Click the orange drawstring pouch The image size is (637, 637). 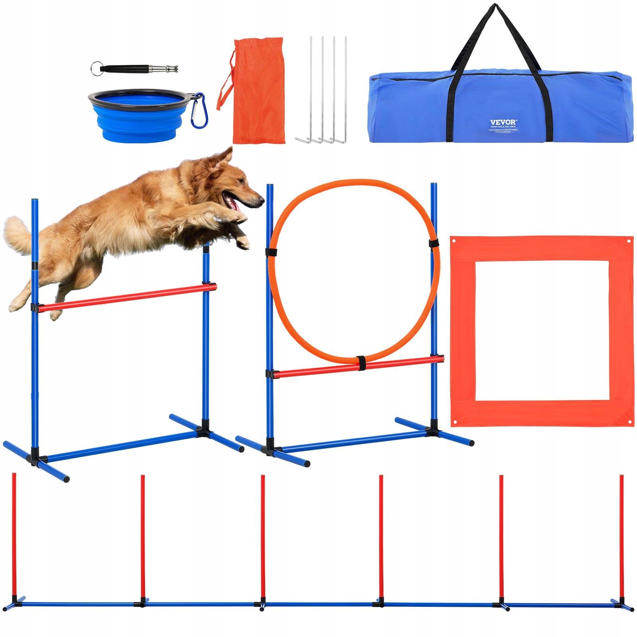[259, 92]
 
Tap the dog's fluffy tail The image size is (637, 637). [18, 235]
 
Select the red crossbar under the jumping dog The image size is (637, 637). [127, 297]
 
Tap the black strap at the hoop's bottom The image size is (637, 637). [361, 363]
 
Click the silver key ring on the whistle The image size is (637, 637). [96, 67]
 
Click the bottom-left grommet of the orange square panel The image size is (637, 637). [455, 422]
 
